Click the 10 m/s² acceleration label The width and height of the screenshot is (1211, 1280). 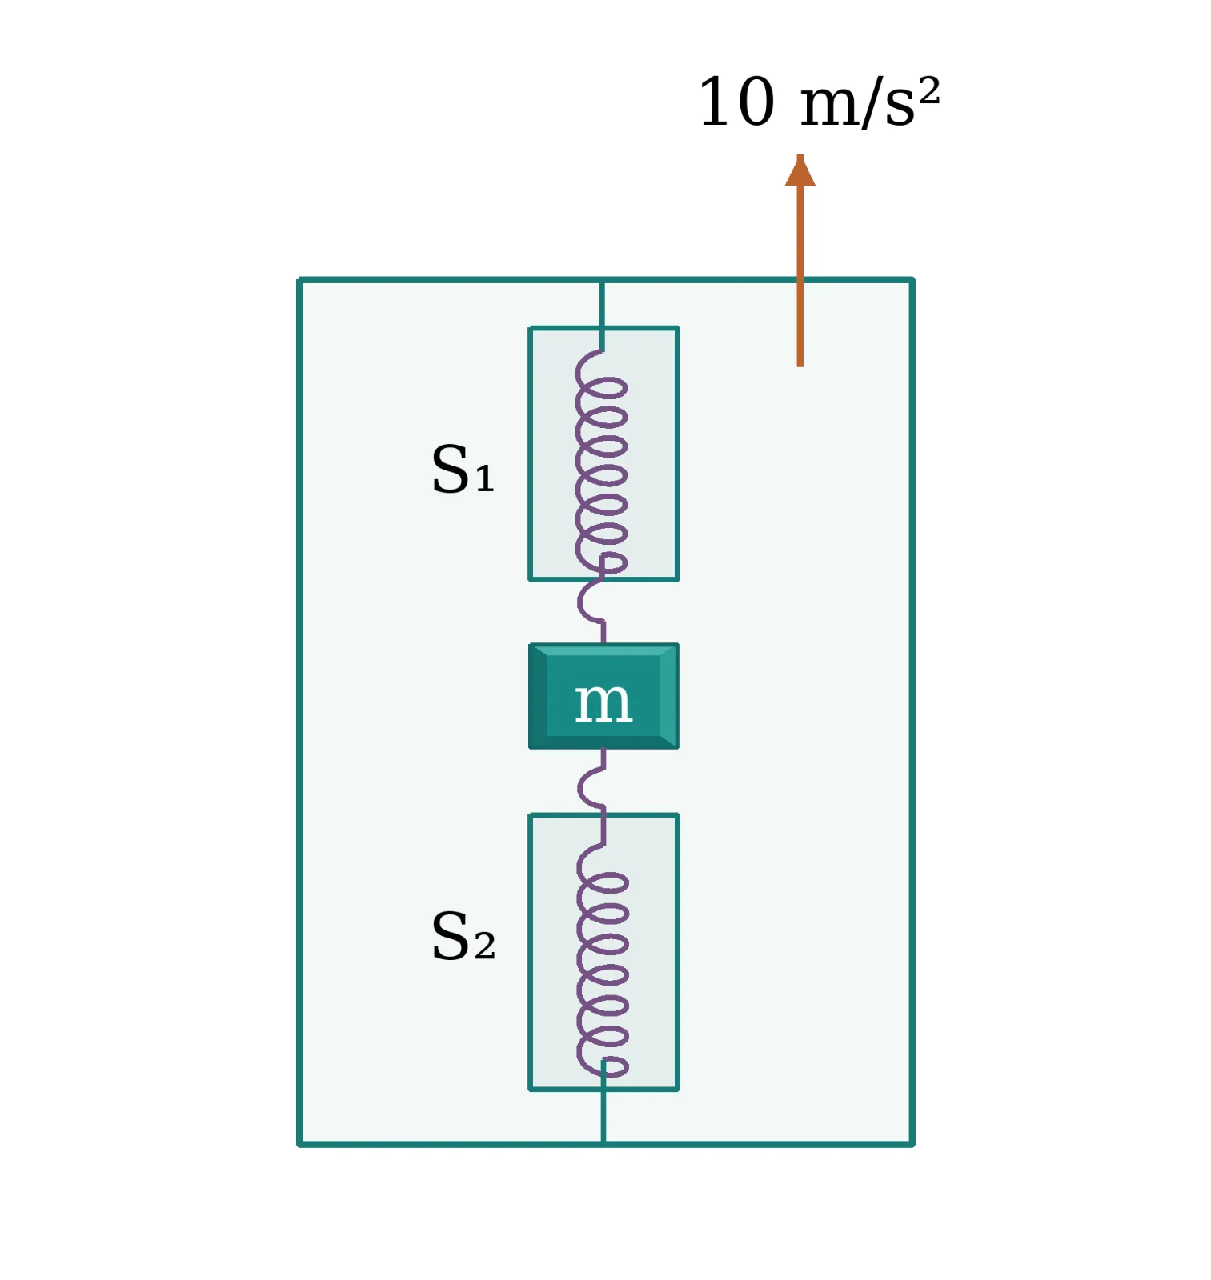818,102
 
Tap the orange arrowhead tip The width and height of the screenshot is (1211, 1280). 800,154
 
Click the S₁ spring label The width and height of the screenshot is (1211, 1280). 463,469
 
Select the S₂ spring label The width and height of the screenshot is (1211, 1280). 463,936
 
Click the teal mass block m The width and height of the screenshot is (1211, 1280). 603,696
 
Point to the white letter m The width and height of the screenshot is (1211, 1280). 603,702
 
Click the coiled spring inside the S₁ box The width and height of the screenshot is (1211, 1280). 601,462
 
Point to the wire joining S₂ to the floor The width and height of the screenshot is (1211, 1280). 603,1108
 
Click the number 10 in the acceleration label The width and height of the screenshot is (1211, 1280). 736,102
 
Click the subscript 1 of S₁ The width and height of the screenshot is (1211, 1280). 485,479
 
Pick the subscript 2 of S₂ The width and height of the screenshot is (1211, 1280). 485,947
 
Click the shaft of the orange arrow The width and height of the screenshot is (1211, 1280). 800,276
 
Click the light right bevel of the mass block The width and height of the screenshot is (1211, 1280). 669,696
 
